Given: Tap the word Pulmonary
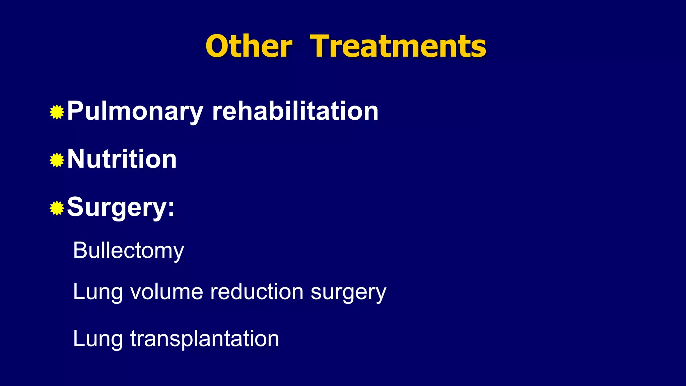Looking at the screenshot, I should [135, 111].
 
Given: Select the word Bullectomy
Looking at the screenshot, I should [128, 251].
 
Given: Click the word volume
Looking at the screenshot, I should [166, 292].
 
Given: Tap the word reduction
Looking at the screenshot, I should [257, 292].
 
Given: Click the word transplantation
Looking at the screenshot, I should [204, 338].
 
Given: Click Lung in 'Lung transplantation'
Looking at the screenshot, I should [98, 339].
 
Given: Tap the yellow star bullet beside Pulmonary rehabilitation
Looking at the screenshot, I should [57, 112].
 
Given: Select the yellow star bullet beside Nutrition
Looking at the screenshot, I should [57, 160].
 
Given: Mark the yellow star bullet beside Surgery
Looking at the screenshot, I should [57, 208].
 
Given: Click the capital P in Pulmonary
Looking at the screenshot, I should [74, 111].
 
